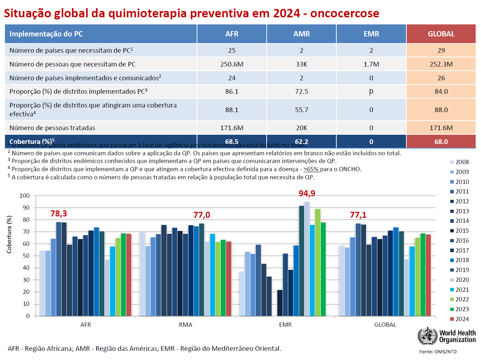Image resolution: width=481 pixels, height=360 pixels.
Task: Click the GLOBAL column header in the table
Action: coord(441,34)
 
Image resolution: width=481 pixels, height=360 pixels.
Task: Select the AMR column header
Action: coord(301,34)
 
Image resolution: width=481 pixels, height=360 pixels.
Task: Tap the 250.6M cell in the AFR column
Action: coord(232,64)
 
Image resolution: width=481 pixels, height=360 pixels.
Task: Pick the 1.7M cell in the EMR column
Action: coord(371,64)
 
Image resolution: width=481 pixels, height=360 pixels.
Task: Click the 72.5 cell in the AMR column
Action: coord(301,92)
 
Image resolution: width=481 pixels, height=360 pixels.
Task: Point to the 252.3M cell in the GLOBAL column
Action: coord(441,64)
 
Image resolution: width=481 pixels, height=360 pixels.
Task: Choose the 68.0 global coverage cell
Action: coord(441,141)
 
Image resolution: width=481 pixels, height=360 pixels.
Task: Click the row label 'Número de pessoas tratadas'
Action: coord(52,128)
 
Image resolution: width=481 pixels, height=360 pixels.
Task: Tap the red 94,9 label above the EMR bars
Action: coord(307,193)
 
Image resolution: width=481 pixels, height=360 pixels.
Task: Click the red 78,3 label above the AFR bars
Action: coord(59,214)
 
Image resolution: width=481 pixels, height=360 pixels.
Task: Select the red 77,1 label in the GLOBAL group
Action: coord(358,215)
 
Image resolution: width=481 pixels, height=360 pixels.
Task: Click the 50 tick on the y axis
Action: coord(26,256)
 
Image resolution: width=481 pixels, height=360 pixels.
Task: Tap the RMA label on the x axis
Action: coord(185,325)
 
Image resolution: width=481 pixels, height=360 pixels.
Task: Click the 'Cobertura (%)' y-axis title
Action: coord(9,234)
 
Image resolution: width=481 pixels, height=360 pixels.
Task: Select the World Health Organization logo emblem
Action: coord(427,336)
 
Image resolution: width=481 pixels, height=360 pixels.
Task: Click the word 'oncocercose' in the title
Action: coord(344,13)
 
